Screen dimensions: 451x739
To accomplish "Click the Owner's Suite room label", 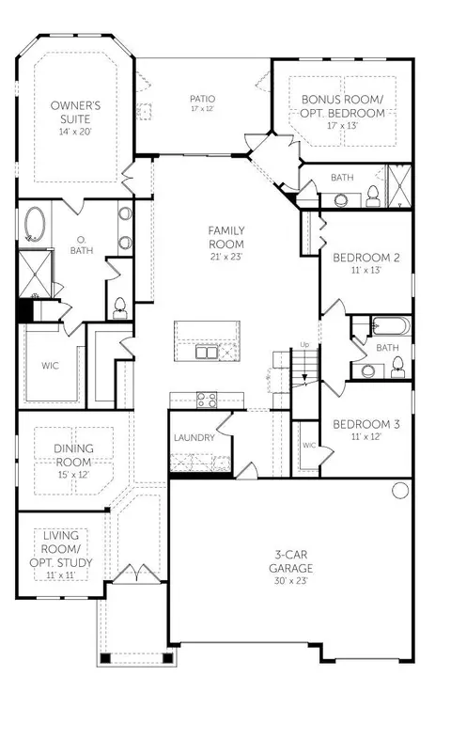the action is (75, 118).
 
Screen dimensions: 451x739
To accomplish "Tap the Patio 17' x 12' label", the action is (202, 102).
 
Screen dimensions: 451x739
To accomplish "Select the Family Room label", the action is (226, 244).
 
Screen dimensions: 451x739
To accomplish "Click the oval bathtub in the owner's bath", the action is (36, 225).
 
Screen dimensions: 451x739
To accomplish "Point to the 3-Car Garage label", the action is (291, 568).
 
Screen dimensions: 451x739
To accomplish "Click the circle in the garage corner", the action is (400, 490).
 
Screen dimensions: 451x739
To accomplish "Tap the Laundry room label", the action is (194, 438).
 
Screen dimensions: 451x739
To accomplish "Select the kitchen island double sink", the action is (207, 352).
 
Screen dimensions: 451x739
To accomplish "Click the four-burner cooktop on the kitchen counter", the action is (207, 400).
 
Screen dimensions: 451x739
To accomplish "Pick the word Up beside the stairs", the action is (304, 344).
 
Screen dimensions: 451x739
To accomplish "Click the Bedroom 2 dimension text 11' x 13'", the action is (365, 270).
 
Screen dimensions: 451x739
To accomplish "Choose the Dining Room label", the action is (73, 461).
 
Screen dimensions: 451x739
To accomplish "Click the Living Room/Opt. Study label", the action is (61, 555).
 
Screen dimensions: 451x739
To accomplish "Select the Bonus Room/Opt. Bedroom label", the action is (342, 112).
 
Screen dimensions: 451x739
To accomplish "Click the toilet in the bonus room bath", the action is (372, 197).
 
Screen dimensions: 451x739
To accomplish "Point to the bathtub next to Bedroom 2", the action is (391, 326).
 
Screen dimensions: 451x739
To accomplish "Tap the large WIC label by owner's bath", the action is (50, 366).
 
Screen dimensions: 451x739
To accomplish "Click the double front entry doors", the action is (136, 574).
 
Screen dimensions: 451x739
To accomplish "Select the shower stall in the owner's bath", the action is (35, 275).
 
